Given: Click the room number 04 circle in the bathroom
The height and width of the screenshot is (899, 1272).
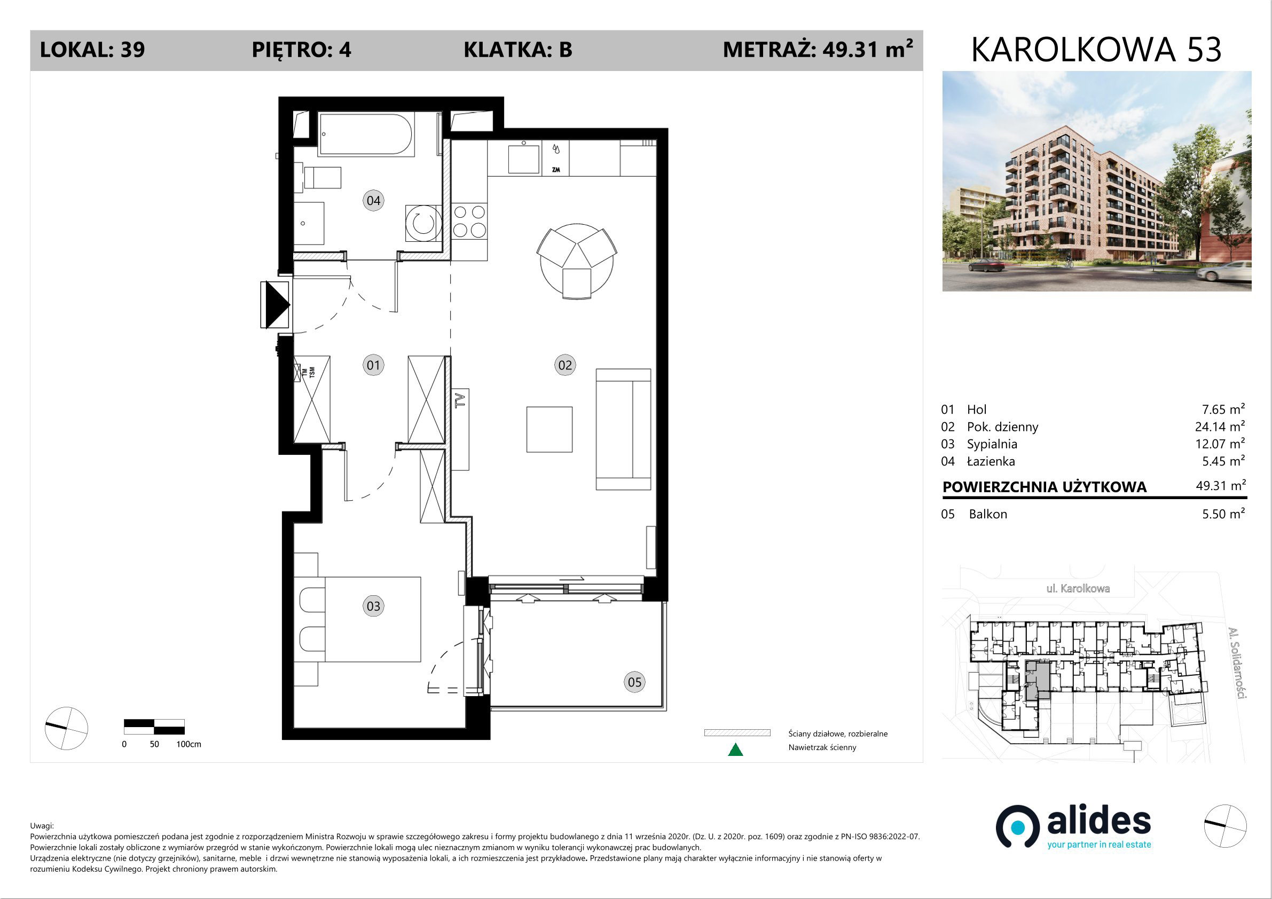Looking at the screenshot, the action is coord(373,201).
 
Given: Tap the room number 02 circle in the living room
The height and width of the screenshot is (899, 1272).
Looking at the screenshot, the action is coord(564,365).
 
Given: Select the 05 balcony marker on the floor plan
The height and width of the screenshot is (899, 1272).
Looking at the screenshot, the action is coord(634,682).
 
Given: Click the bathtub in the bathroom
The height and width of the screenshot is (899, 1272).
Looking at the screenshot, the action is coord(366,134).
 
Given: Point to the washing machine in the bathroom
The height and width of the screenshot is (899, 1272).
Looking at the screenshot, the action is coord(423,223).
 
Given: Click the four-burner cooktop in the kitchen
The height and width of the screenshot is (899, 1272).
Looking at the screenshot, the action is coord(469,221).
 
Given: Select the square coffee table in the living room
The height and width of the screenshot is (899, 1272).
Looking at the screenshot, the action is coord(549,429).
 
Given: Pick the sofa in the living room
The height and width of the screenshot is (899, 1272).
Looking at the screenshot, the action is coord(623,429).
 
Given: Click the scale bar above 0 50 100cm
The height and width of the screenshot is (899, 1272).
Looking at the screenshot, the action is coord(154,726).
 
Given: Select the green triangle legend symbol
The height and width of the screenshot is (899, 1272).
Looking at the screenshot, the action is coord(735,750).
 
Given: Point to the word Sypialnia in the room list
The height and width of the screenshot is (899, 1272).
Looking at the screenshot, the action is coord(992,444).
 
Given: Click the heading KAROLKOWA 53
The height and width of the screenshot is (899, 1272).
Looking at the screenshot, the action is coord(1096,49).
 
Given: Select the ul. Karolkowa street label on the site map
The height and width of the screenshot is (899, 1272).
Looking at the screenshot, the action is coord(1078,588).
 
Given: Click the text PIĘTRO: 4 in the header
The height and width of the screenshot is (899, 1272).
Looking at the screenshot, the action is coord(301,50).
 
